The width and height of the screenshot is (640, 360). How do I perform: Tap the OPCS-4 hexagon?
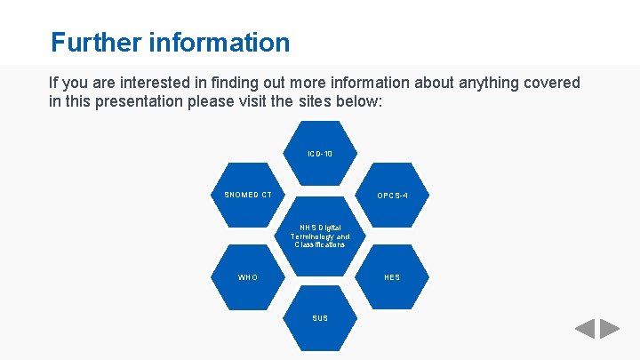392,195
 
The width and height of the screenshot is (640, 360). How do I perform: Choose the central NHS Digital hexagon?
320,236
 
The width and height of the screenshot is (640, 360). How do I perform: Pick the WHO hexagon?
248,276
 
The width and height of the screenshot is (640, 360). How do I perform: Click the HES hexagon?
392,276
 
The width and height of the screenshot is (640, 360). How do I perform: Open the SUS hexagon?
320,317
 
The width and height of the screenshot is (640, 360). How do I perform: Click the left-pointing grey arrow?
585,329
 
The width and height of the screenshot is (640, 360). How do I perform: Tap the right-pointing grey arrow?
610,329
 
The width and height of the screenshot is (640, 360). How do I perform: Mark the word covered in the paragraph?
551,83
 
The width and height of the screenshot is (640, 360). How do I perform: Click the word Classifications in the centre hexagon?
320,244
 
